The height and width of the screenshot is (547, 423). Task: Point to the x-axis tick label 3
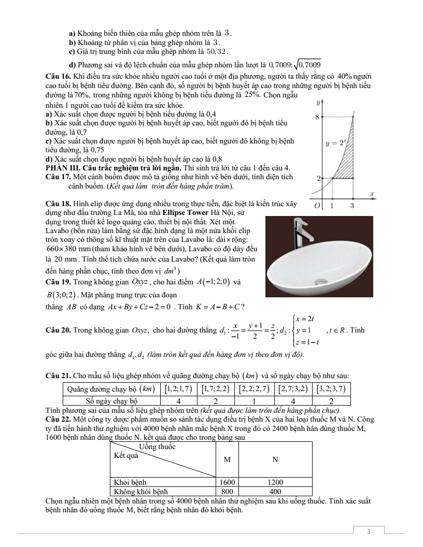pos(353,206)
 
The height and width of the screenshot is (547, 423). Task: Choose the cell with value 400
pos(275,491)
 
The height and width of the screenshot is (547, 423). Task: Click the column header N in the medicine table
pos(275,459)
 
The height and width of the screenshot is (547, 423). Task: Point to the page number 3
pos(369,531)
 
